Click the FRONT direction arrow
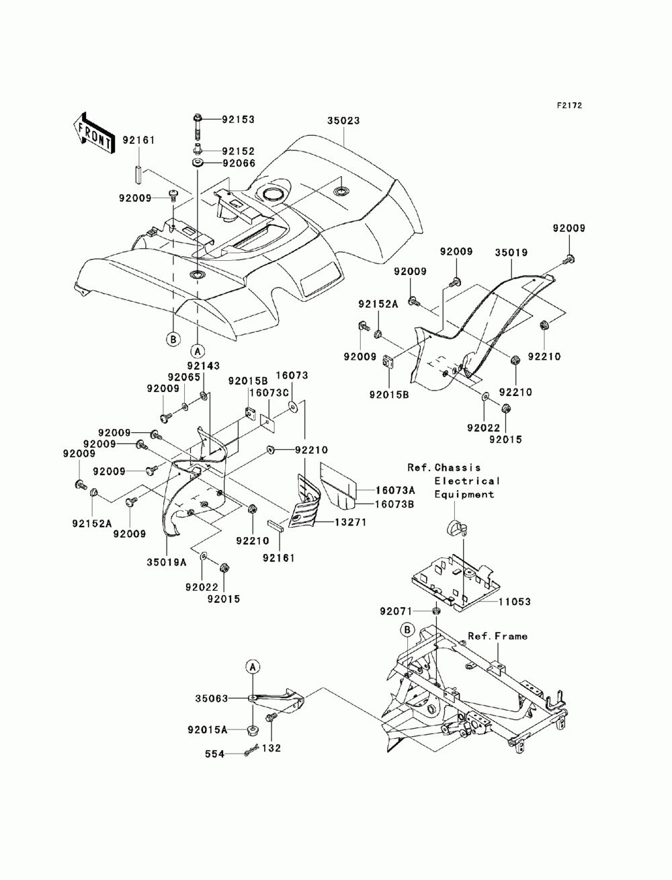(x=92, y=132)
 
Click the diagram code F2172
(x=569, y=106)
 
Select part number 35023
(x=343, y=120)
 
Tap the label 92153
(x=238, y=120)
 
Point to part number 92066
(x=239, y=163)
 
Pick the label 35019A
(x=166, y=562)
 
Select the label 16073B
(x=394, y=504)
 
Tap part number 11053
(x=515, y=612)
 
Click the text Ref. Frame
(x=498, y=636)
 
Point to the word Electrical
(x=467, y=481)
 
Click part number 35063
(x=212, y=698)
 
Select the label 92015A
(x=208, y=730)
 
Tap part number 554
(x=214, y=754)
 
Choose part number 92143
(x=204, y=366)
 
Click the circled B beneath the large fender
(x=173, y=339)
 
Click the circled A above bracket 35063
(x=253, y=667)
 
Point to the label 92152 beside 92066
(x=239, y=151)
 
